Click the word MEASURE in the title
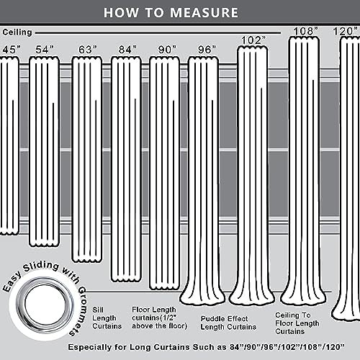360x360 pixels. [204, 13]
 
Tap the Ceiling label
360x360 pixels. [17, 32]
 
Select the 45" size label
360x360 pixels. [12, 50]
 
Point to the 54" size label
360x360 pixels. [45, 50]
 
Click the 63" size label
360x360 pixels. [88, 50]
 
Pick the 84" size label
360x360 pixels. [127, 50]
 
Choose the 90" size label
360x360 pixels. [167, 50]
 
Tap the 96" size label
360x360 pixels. [207, 50]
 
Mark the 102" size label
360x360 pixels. [253, 40]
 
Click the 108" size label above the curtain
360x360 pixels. [305, 31]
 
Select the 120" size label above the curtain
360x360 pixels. [345, 31]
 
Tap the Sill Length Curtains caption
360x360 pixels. [107, 318]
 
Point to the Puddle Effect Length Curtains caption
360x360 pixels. [228, 323]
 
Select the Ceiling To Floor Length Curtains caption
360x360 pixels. [297, 323]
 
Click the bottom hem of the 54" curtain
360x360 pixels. [44, 244]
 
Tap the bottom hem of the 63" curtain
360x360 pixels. [87, 260]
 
